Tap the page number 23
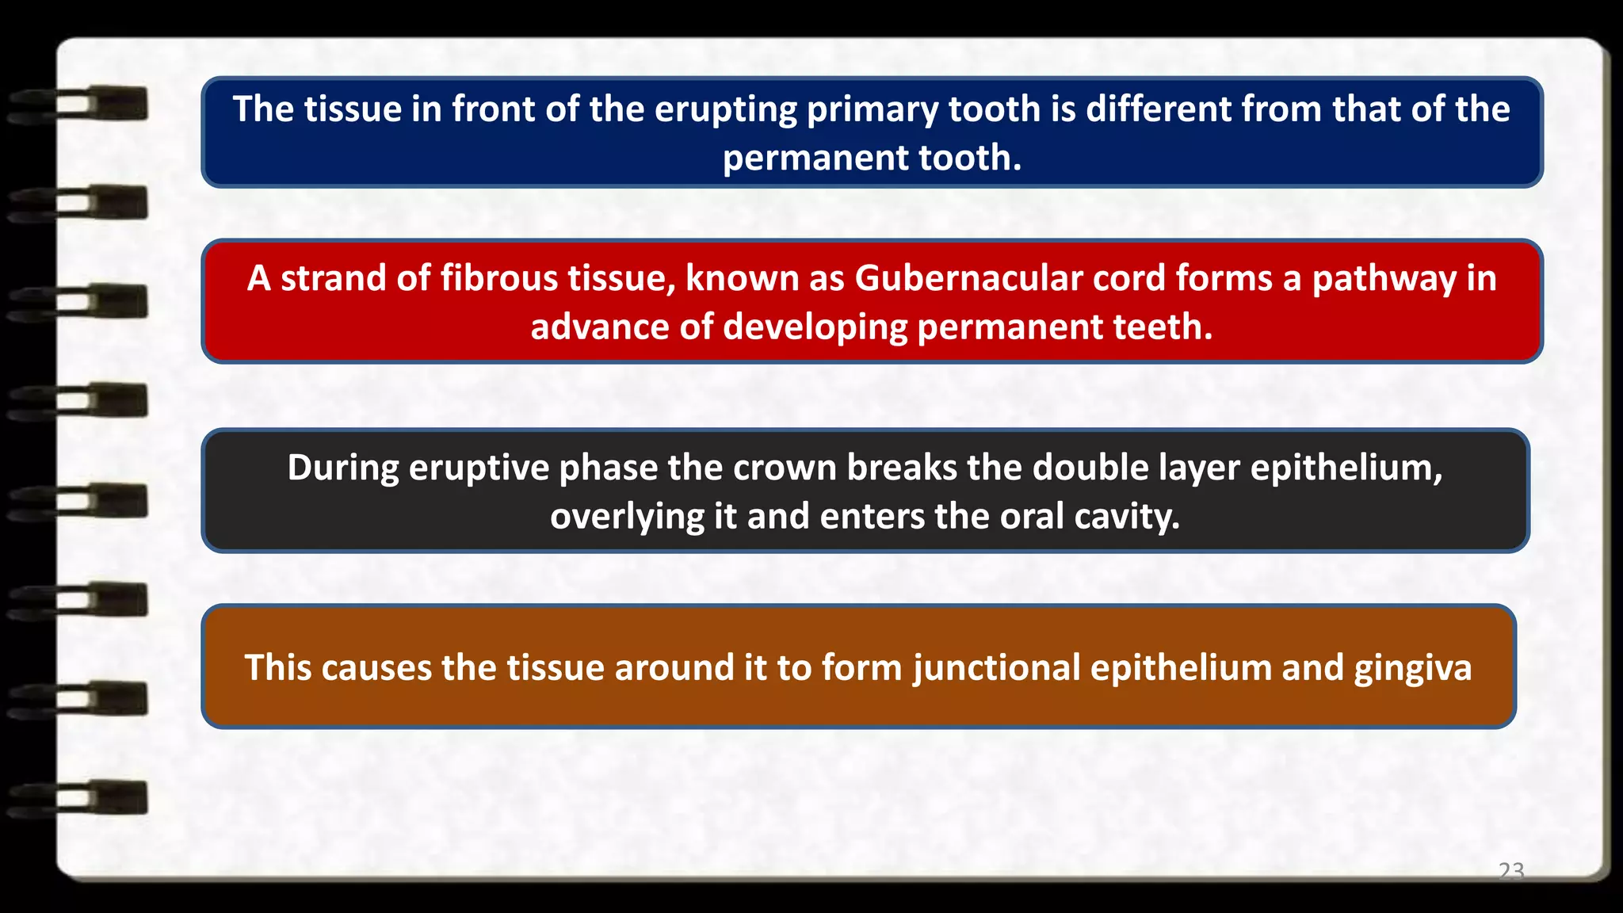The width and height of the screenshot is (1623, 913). [x=1511, y=871]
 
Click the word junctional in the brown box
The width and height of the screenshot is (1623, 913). [x=996, y=668]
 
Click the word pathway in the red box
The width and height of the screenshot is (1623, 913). [x=1384, y=279]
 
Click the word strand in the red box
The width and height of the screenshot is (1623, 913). [x=333, y=279]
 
